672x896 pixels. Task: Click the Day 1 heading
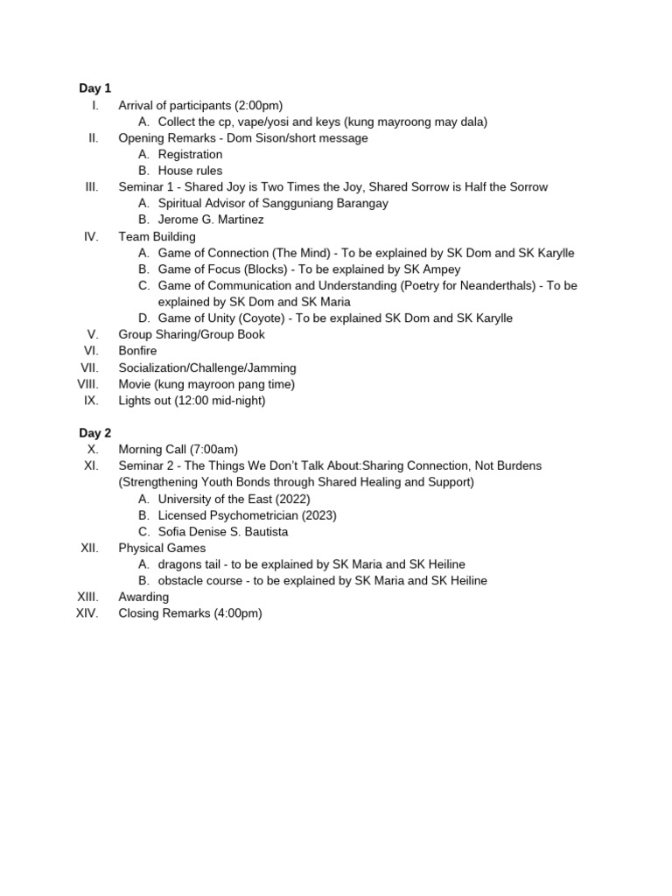coord(95,88)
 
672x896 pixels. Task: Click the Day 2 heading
coord(95,433)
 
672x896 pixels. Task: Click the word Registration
coord(190,155)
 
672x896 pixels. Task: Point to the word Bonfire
coord(137,351)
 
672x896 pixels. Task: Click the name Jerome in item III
coord(179,220)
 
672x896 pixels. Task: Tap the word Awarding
coord(143,597)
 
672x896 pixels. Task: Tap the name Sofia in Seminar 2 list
coord(173,532)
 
